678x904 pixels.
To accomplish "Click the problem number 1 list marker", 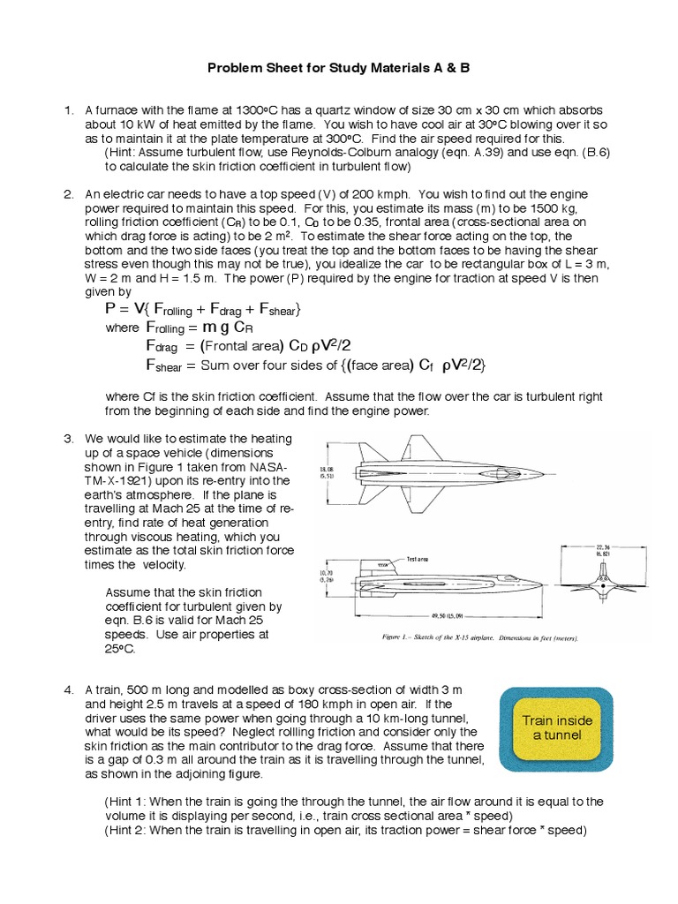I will pyautogui.click(x=67, y=110).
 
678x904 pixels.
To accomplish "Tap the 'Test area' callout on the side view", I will pyautogui.click(x=418, y=559).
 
